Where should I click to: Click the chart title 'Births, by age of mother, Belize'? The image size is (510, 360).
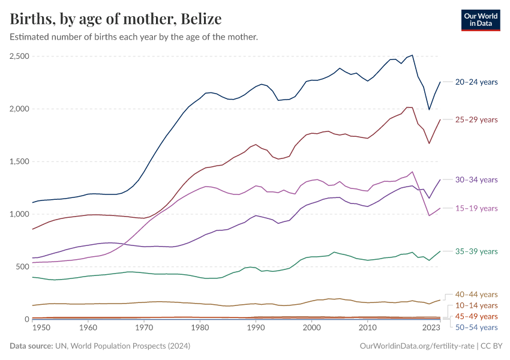pyautogui.click(x=116, y=19)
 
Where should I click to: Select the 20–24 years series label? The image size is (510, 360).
pyautogui.click(x=476, y=82)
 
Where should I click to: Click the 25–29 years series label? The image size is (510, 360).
pyautogui.click(x=476, y=119)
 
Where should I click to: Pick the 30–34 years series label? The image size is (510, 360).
pyautogui.click(x=476, y=179)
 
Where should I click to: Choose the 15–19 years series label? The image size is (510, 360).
pyautogui.click(x=476, y=208)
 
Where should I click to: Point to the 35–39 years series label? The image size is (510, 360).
pyautogui.click(x=476, y=251)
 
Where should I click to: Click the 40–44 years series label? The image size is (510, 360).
pyautogui.click(x=476, y=295)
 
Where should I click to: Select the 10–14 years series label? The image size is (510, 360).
pyautogui.click(x=476, y=305)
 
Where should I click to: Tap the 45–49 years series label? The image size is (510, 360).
pyautogui.click(x=476, y=316)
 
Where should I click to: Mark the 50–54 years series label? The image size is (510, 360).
pyautogui.click(x=476, y=327)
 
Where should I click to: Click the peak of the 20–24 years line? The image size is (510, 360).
pyautogui.click(x=412, y=55)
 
